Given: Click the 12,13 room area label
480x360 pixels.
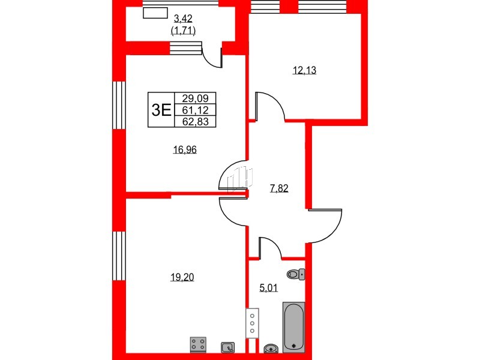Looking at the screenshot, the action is [x=305, y=70].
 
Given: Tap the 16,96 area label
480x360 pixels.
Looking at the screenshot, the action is [x=185, y=149].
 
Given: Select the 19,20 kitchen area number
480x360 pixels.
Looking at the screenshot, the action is [x=182, y=277].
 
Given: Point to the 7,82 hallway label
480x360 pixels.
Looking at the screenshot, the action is [x=279, y=188].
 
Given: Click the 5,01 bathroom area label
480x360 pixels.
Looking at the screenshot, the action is [x=268, y=288].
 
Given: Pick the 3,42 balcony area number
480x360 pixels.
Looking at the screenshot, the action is [x=183, y=19].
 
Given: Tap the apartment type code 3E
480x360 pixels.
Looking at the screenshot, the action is [x=161, y=110].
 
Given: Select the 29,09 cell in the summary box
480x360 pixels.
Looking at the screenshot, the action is [x=195, y=98].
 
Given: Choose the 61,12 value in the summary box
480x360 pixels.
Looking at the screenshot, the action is [x=195, y=110].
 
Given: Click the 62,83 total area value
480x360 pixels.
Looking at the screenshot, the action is [x=195, y=122].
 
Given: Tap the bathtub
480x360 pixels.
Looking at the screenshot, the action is [x=294, y=327].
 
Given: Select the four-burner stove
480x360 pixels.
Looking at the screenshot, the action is [x=198, y=343].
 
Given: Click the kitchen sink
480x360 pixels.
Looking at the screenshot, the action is [x=227, y=347].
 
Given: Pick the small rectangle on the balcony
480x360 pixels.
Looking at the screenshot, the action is [x=155, y=13].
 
